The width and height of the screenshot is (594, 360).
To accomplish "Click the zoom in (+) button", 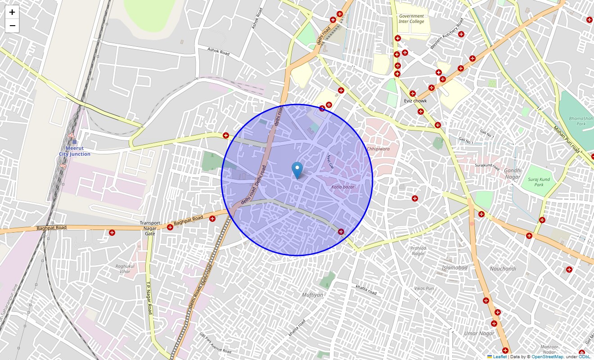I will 12,12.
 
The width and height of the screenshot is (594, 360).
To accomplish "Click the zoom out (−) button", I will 12,26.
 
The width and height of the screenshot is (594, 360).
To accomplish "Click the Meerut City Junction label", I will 75,151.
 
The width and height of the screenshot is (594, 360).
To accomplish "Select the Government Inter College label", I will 411,18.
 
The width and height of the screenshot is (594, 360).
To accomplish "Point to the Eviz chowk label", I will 415,101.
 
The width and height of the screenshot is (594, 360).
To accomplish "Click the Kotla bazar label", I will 343,187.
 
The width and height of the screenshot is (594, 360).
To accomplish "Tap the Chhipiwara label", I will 378,148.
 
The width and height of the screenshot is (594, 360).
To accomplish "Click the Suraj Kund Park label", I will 539,182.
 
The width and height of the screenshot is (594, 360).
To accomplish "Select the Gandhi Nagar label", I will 512,173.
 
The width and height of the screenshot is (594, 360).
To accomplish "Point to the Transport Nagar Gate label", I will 150,228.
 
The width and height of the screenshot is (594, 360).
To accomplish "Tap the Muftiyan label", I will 312,295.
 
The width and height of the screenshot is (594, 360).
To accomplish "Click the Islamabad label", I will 454,268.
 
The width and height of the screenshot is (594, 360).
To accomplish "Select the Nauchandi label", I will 503,269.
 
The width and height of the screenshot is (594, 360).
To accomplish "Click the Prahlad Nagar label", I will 418,251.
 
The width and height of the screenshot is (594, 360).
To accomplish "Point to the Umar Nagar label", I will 479,333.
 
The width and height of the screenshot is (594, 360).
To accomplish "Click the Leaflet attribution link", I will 499,356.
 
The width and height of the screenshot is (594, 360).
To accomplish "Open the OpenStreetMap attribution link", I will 547,356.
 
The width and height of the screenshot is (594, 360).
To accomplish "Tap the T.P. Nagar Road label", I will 149,298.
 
